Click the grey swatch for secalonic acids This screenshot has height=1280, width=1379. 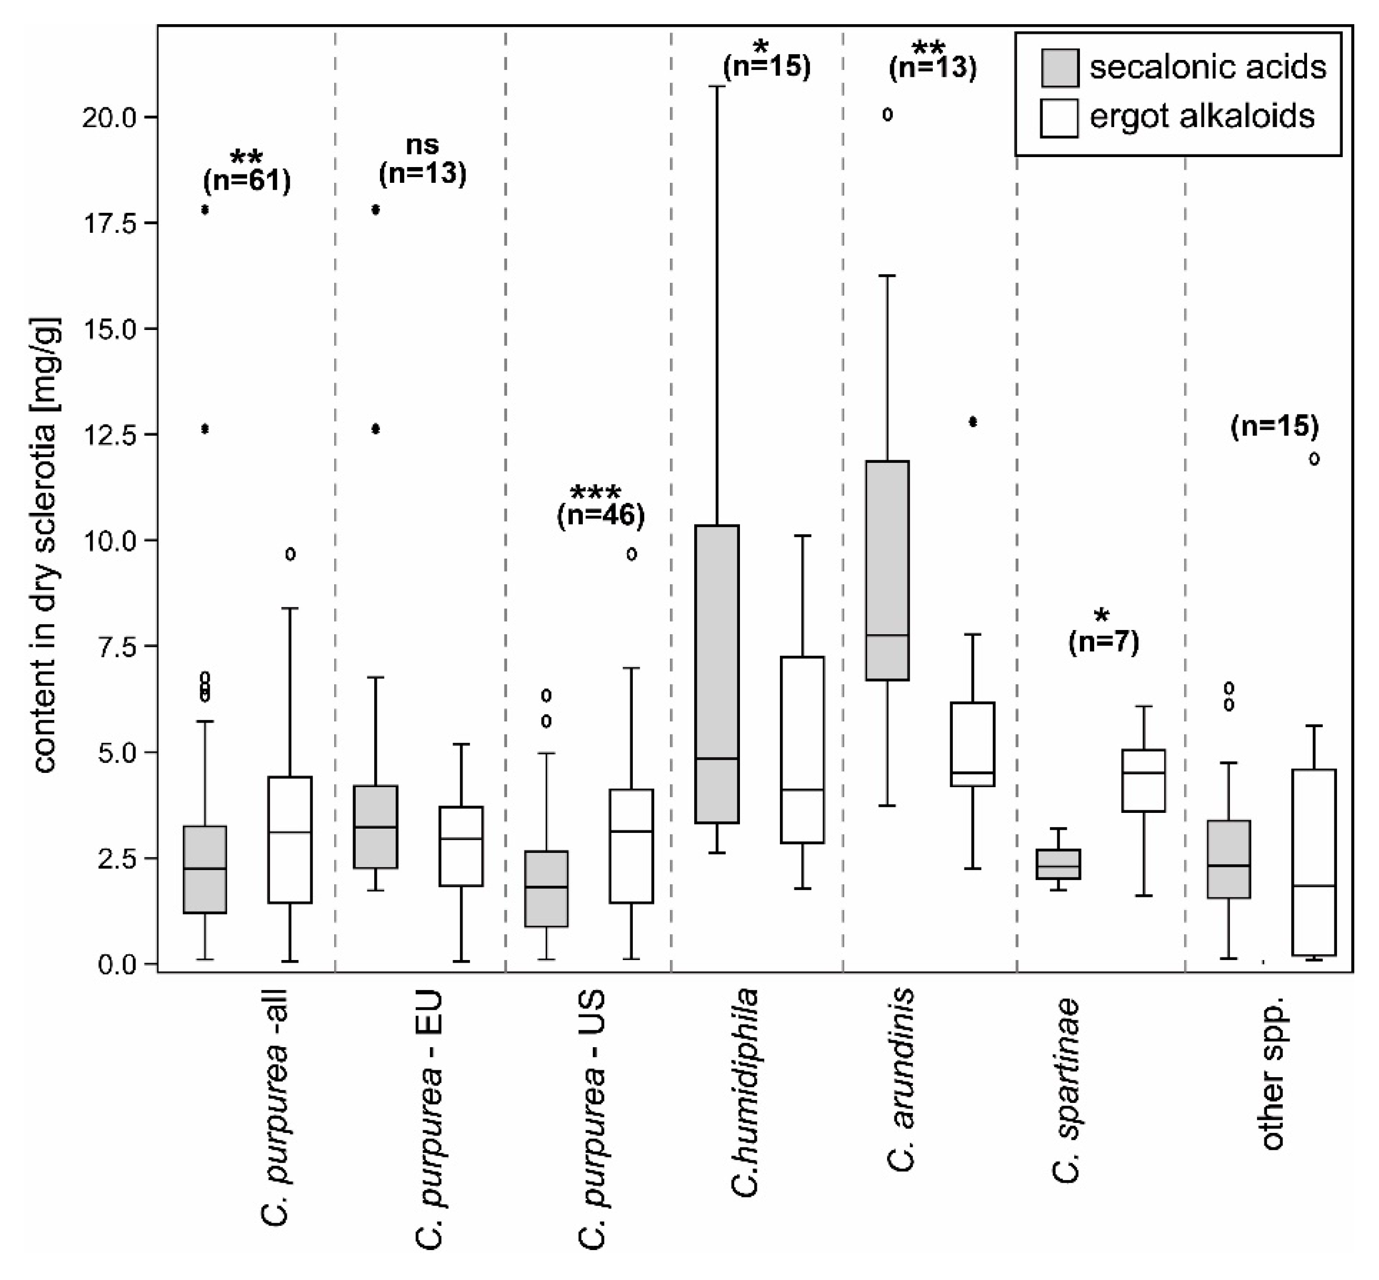[x=1059, y=67]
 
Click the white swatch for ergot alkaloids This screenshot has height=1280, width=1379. [x=1058, y=118]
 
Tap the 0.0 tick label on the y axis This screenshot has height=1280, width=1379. [x=118, y=964]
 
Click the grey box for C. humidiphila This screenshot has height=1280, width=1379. [x=717, y=674]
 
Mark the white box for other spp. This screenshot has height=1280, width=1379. [x=1313, y=862]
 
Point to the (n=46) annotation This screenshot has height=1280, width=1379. [x=601, y=515]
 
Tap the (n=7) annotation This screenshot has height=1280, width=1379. [x=1103, y=642]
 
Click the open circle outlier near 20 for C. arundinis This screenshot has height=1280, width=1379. [x=887, y=115]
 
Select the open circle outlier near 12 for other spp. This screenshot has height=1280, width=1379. [x=1313, y=459]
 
